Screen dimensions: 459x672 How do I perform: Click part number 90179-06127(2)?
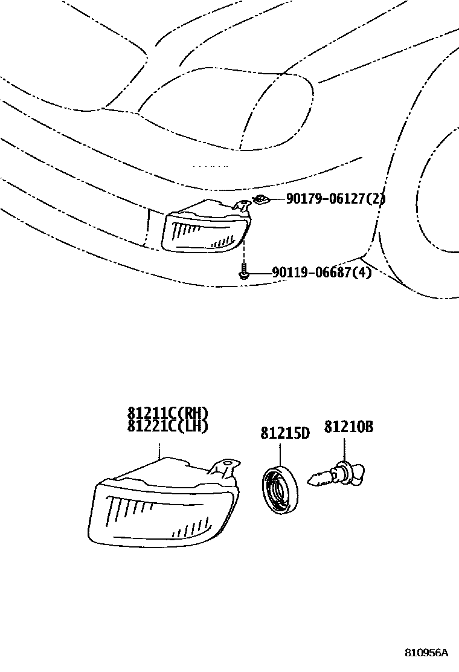(x=335, y=199)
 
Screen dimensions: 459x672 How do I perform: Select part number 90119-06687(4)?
(x=321, y=273)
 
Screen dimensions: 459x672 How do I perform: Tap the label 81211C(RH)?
(x=167, y=413)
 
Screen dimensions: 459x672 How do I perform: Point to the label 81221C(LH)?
(x=167, y=426)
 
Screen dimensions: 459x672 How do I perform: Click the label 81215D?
(x=285, y=433)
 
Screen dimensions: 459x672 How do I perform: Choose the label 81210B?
(x=348, y=427)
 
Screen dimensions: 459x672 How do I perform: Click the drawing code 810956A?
(x=426, y=653)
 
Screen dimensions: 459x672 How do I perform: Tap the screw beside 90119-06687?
(x=243, y=273)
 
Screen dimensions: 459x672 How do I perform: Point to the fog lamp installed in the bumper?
(x=205, y=230)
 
